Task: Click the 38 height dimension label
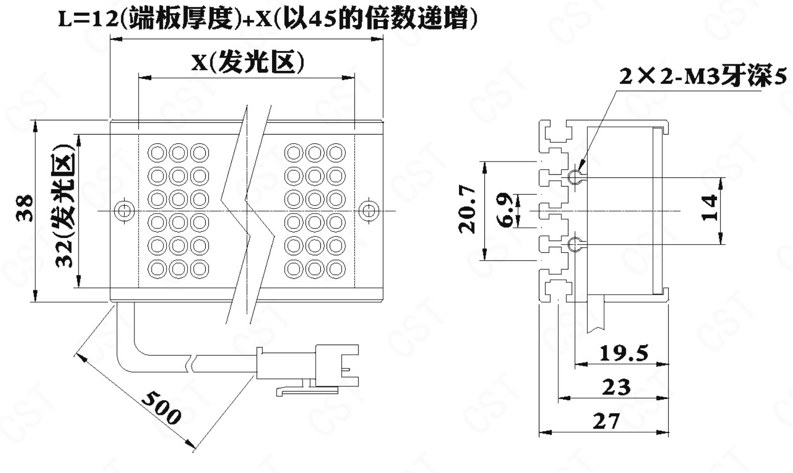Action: point(25,208)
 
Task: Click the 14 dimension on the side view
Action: point(710,207)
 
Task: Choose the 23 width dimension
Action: point(616,387)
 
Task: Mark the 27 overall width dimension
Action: point(606,422)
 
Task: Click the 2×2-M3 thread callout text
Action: point(703,77)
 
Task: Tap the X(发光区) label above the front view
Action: point(248,63)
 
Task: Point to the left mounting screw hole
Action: point(124,210)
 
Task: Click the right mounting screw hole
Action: point(368,210)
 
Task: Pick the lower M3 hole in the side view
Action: point(575,245)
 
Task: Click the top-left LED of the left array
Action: point(157,152)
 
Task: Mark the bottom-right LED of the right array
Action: point(336,268)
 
